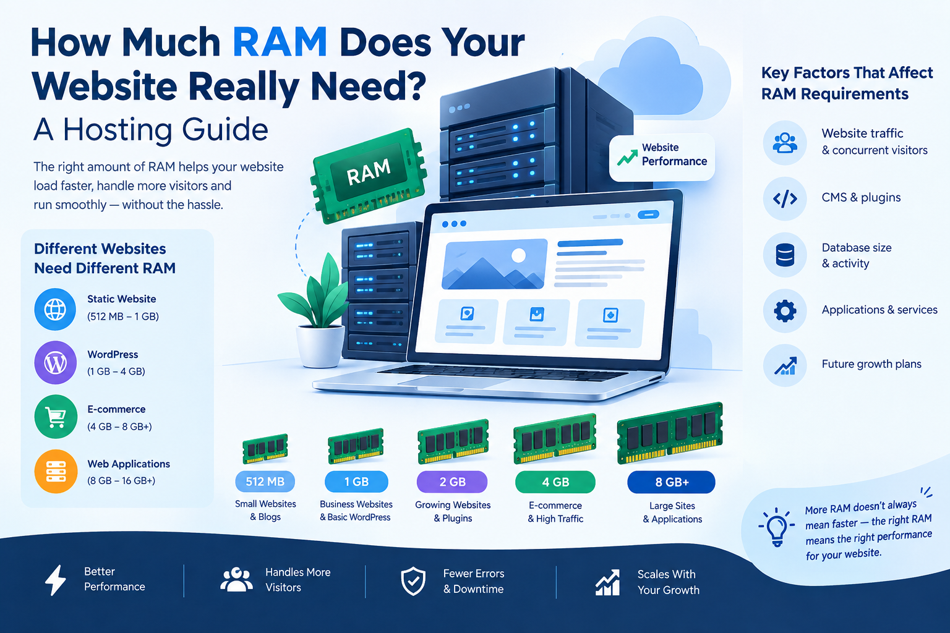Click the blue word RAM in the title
click(x=280, y=42)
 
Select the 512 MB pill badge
click(x=265, y=482)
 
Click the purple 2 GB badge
click(x=452, y=482)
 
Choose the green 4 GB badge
click(x=555, y=482)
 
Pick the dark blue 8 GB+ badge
click(x=671, y=482)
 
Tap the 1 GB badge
click(x=356, y=482)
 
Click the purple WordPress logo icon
click(x=56, y=363)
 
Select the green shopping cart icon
click(x=56, y=417)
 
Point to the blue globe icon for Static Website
click(x=56, y=309)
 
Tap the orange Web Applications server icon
click(x=56, y=472)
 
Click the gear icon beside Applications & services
click(x=785, y=311)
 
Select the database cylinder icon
click(x=785, y=255)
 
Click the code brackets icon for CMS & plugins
click(x=785, y=198)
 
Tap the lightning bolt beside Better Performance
click(x=56, y=580)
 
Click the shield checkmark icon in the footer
click(x=413, y=581)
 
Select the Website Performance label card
click(x=662, y=157)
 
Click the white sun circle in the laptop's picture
click(x=518, y=256)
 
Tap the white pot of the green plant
click(x=320, y=346)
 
